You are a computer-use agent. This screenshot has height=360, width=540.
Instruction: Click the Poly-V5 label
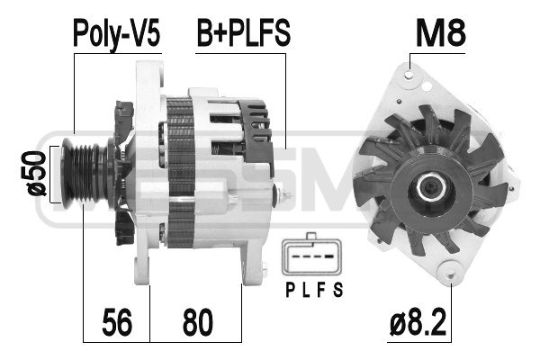click(x=117, y=33)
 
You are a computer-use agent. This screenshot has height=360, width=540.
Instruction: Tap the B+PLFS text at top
click(x=244, y=32)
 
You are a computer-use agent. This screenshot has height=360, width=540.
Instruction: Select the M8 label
click(x=441, y=32)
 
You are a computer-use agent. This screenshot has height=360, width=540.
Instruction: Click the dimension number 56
click(x=117, y=322)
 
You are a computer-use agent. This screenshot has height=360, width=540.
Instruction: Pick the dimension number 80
click(x=198, y=322)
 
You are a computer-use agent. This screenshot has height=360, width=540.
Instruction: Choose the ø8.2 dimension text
click(x=418, y=322)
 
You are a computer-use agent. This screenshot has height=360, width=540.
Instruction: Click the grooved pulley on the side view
click(x=84, y=174)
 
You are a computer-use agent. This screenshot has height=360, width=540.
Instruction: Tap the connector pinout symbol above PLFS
click(x=312, y=255)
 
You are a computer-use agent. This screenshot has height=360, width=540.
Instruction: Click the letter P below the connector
click(x=291, y=290)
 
